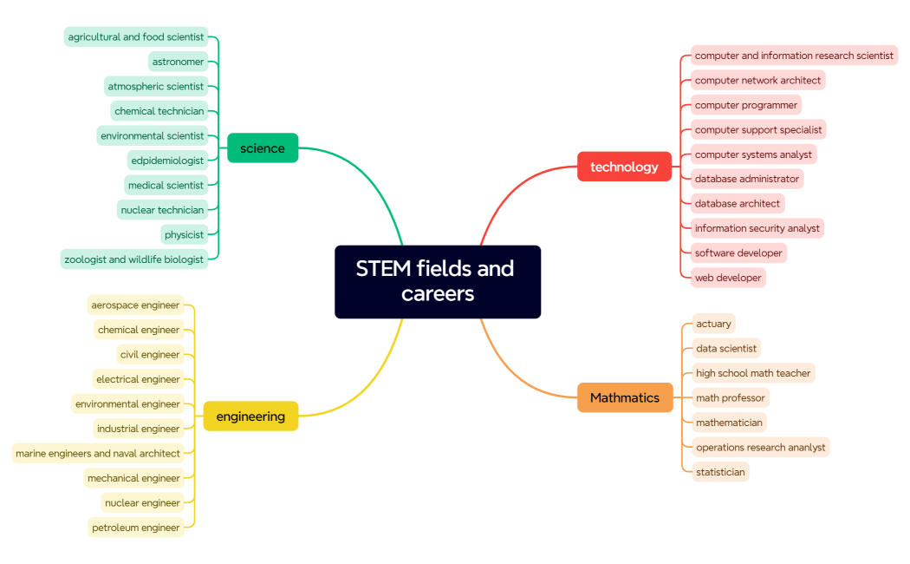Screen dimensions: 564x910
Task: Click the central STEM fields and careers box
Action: pyautogui.click(x=437, y=281)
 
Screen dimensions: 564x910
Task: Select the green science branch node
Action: pyautogui.click(x=263, y=148)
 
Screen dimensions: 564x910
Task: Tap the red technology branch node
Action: pyautogui.click(x=624, y=167)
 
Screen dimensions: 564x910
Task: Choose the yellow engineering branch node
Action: pyautogui.click(x=250, y=416)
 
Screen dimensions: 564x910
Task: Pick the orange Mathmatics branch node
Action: pyautogui.click(x=625, y=397)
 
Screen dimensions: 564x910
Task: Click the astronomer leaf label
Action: pyautogui.click(x=179, y=62)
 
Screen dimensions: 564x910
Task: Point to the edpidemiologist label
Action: pyautogui.click(x=167, y=161)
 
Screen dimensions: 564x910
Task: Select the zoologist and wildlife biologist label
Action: pyautogui.click(x=134, y=259)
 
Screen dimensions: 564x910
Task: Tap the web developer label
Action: pyautogui.click(x=728, y=278)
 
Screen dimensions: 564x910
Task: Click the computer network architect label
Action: pyautogui.click(x=757, y=81)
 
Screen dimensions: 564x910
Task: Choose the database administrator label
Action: pyautogui.click(x=746, y=179)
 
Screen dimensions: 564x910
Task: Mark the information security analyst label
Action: pyautogui.click(x=757, y=228)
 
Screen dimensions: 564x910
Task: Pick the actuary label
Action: pyautogui.click(x=713, y=324)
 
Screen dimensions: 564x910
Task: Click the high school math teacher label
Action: pyautogui.click(x=753, y=373)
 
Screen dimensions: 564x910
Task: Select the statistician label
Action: pyautogui.click(x=720, y=472)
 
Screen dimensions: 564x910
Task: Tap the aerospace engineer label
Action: pyautogui.click(x=135, y=305)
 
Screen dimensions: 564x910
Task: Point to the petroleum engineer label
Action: pyautogui.click(x=135, y=528)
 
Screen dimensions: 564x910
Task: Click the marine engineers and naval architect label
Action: pyautogui.click(x=98, y=453)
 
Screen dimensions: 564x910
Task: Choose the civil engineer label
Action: pyautogui.click(x=150, y=354)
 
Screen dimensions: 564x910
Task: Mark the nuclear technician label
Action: pyautogui.click(x=162, y=210)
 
